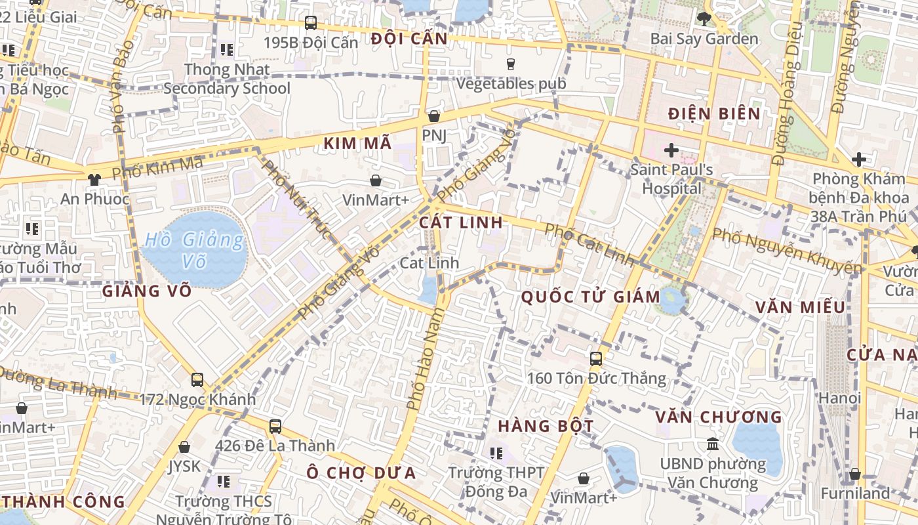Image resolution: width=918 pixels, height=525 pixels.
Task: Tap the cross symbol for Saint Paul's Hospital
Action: (671, 150)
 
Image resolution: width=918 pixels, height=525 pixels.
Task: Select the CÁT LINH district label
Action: (461, 222)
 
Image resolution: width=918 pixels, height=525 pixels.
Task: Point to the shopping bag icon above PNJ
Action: (433, 116)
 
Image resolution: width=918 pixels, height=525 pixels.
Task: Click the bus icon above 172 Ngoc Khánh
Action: (197, 379)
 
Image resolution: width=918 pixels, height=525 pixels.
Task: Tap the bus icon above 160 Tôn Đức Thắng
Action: (595, 358)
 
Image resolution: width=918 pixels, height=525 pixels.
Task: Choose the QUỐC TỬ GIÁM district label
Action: (590, 297)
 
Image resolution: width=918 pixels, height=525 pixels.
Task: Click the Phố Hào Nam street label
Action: (421, 360)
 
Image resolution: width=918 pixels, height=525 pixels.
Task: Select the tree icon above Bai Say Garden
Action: (704, 18)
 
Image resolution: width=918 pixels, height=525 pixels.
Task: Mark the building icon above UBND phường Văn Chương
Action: (712, 444)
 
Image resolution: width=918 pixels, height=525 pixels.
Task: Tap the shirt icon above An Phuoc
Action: (94, 178)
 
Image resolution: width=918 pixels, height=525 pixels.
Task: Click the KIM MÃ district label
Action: (357, 143)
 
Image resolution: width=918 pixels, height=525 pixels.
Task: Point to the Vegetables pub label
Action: (511, 84)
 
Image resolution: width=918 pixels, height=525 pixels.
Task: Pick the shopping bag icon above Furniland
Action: (855, 474)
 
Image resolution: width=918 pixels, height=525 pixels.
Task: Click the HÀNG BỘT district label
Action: (546, 426)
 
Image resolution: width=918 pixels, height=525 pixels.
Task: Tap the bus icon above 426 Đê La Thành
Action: (275, 426)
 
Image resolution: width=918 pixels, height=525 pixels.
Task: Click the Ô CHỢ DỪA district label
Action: (361, 472)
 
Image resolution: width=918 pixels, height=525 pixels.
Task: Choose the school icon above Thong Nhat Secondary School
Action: (227, 49)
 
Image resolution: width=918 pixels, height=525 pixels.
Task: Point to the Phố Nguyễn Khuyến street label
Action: (787, 251)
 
